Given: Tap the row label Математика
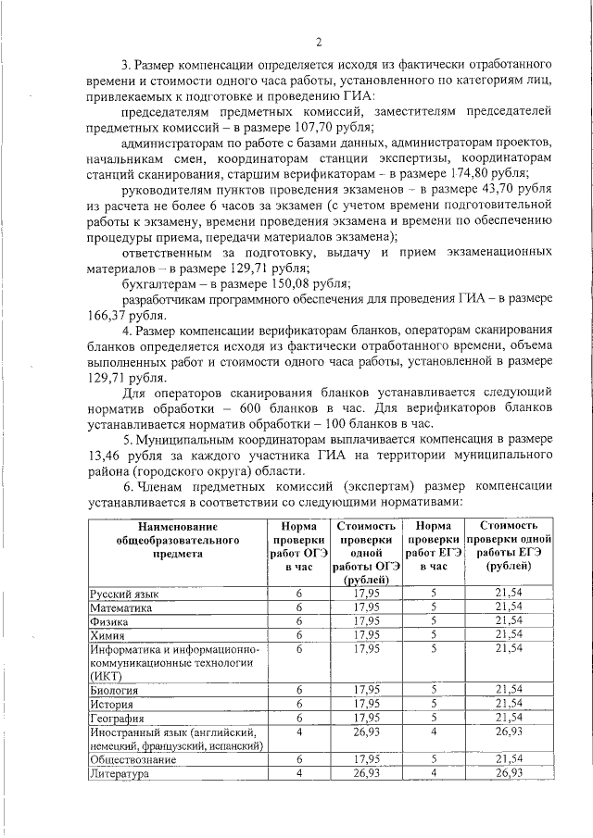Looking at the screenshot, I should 120,607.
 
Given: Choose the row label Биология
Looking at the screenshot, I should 114,690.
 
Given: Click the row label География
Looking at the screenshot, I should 117,718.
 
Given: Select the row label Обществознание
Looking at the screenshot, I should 133,759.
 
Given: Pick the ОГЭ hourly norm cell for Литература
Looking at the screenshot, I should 299,773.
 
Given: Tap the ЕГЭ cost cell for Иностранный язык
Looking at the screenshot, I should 511,732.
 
